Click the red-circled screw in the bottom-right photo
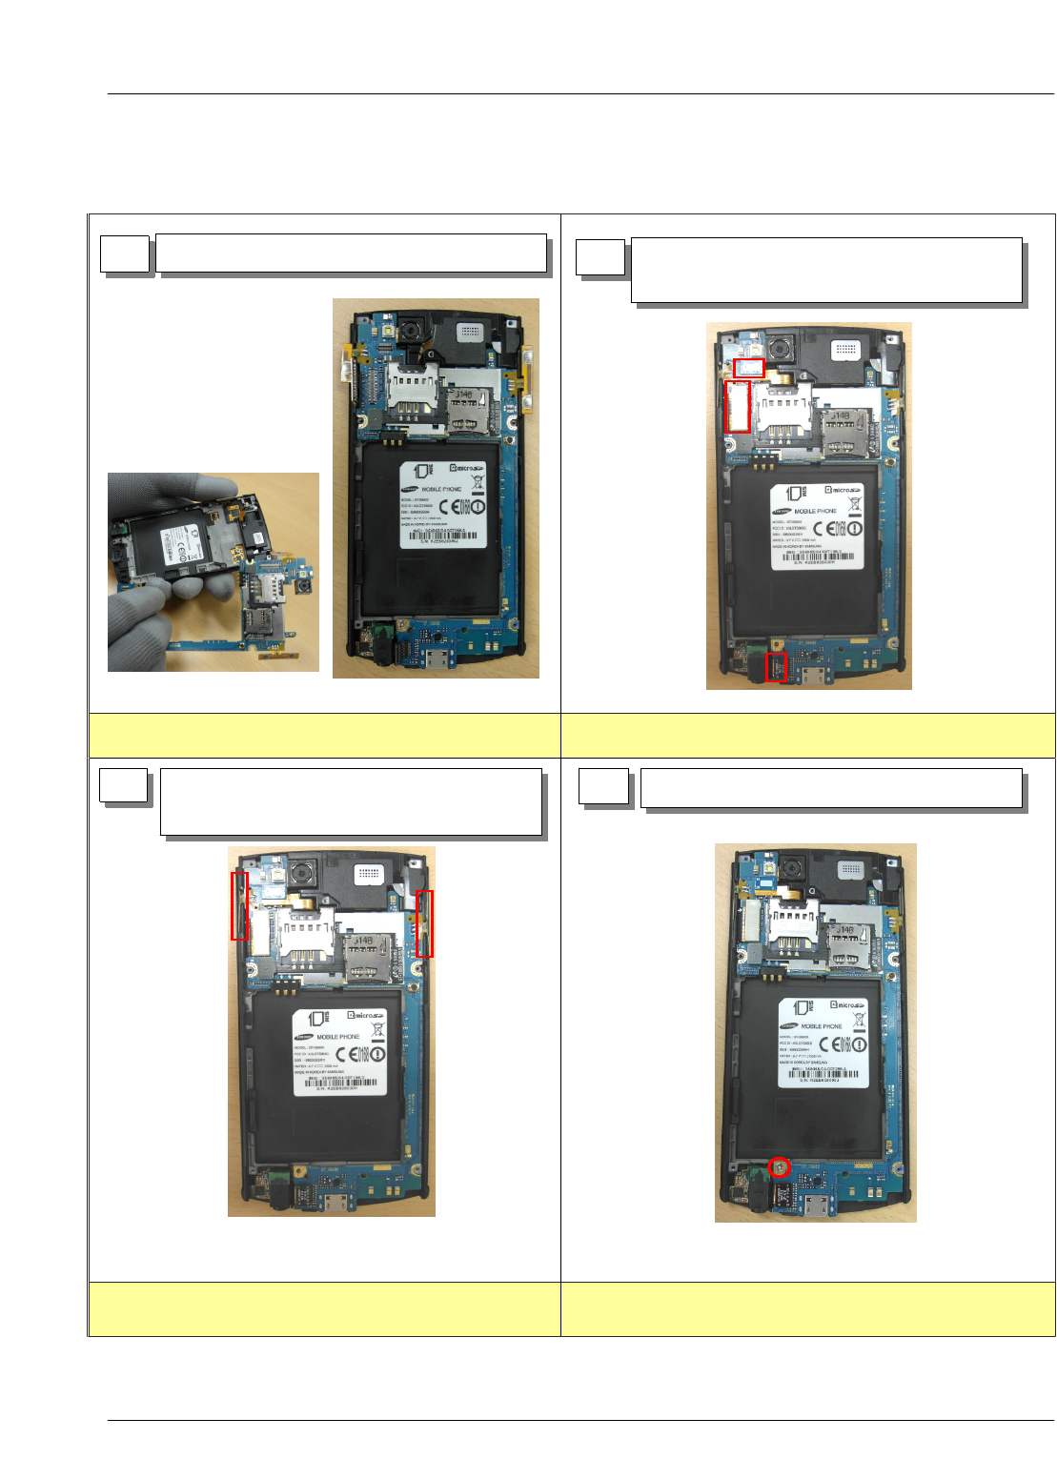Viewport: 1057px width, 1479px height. [780, 1166]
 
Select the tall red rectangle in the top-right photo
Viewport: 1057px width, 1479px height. [738, 407]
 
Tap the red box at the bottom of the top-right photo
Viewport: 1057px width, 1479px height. [777, 667]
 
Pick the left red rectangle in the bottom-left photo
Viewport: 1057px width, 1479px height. [240, 906]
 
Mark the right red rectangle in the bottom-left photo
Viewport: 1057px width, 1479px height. [424, 923]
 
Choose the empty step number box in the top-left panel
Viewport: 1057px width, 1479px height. [125, 254]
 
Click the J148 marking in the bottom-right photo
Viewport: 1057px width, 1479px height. [844, 930]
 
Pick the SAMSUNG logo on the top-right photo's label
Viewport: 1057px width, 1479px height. [783, 511]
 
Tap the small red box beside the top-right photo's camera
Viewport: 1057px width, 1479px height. [748, 367]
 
